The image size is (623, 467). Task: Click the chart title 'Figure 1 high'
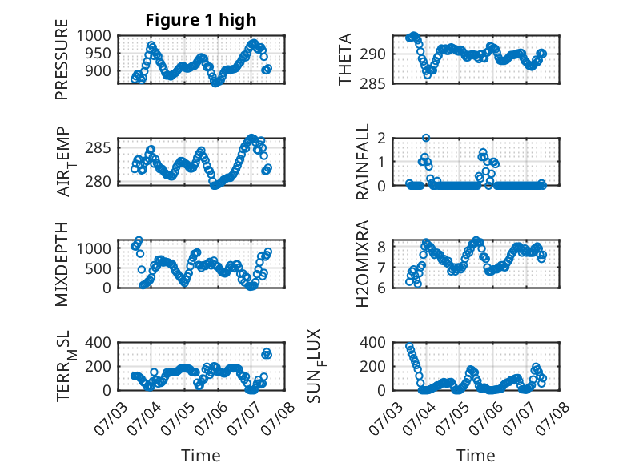pos(201,20)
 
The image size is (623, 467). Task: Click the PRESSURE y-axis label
pos(62,59)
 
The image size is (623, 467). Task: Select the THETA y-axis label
pos(345,59)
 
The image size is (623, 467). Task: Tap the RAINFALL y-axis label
pos(363,162)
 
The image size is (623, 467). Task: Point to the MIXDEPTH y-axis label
pos(62,264)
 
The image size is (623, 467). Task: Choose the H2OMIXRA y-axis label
pos(363,264)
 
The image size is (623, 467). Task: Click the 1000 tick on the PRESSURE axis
pos(94,36)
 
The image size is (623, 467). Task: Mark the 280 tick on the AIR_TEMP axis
pos(98,181)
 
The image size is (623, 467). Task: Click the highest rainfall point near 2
pos(426,138)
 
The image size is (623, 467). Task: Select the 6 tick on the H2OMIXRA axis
pos(381,288)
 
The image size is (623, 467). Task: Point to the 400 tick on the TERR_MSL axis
pos(98,342)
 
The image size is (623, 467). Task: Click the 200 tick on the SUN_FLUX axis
pos(372,366)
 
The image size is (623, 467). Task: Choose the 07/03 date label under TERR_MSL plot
pos(110,418)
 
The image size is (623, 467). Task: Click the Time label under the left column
pos(201,455)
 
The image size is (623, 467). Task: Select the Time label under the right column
pos(476,455)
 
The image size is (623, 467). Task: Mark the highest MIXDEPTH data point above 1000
pos(139,240)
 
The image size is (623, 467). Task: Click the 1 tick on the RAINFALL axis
pos(381,162)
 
